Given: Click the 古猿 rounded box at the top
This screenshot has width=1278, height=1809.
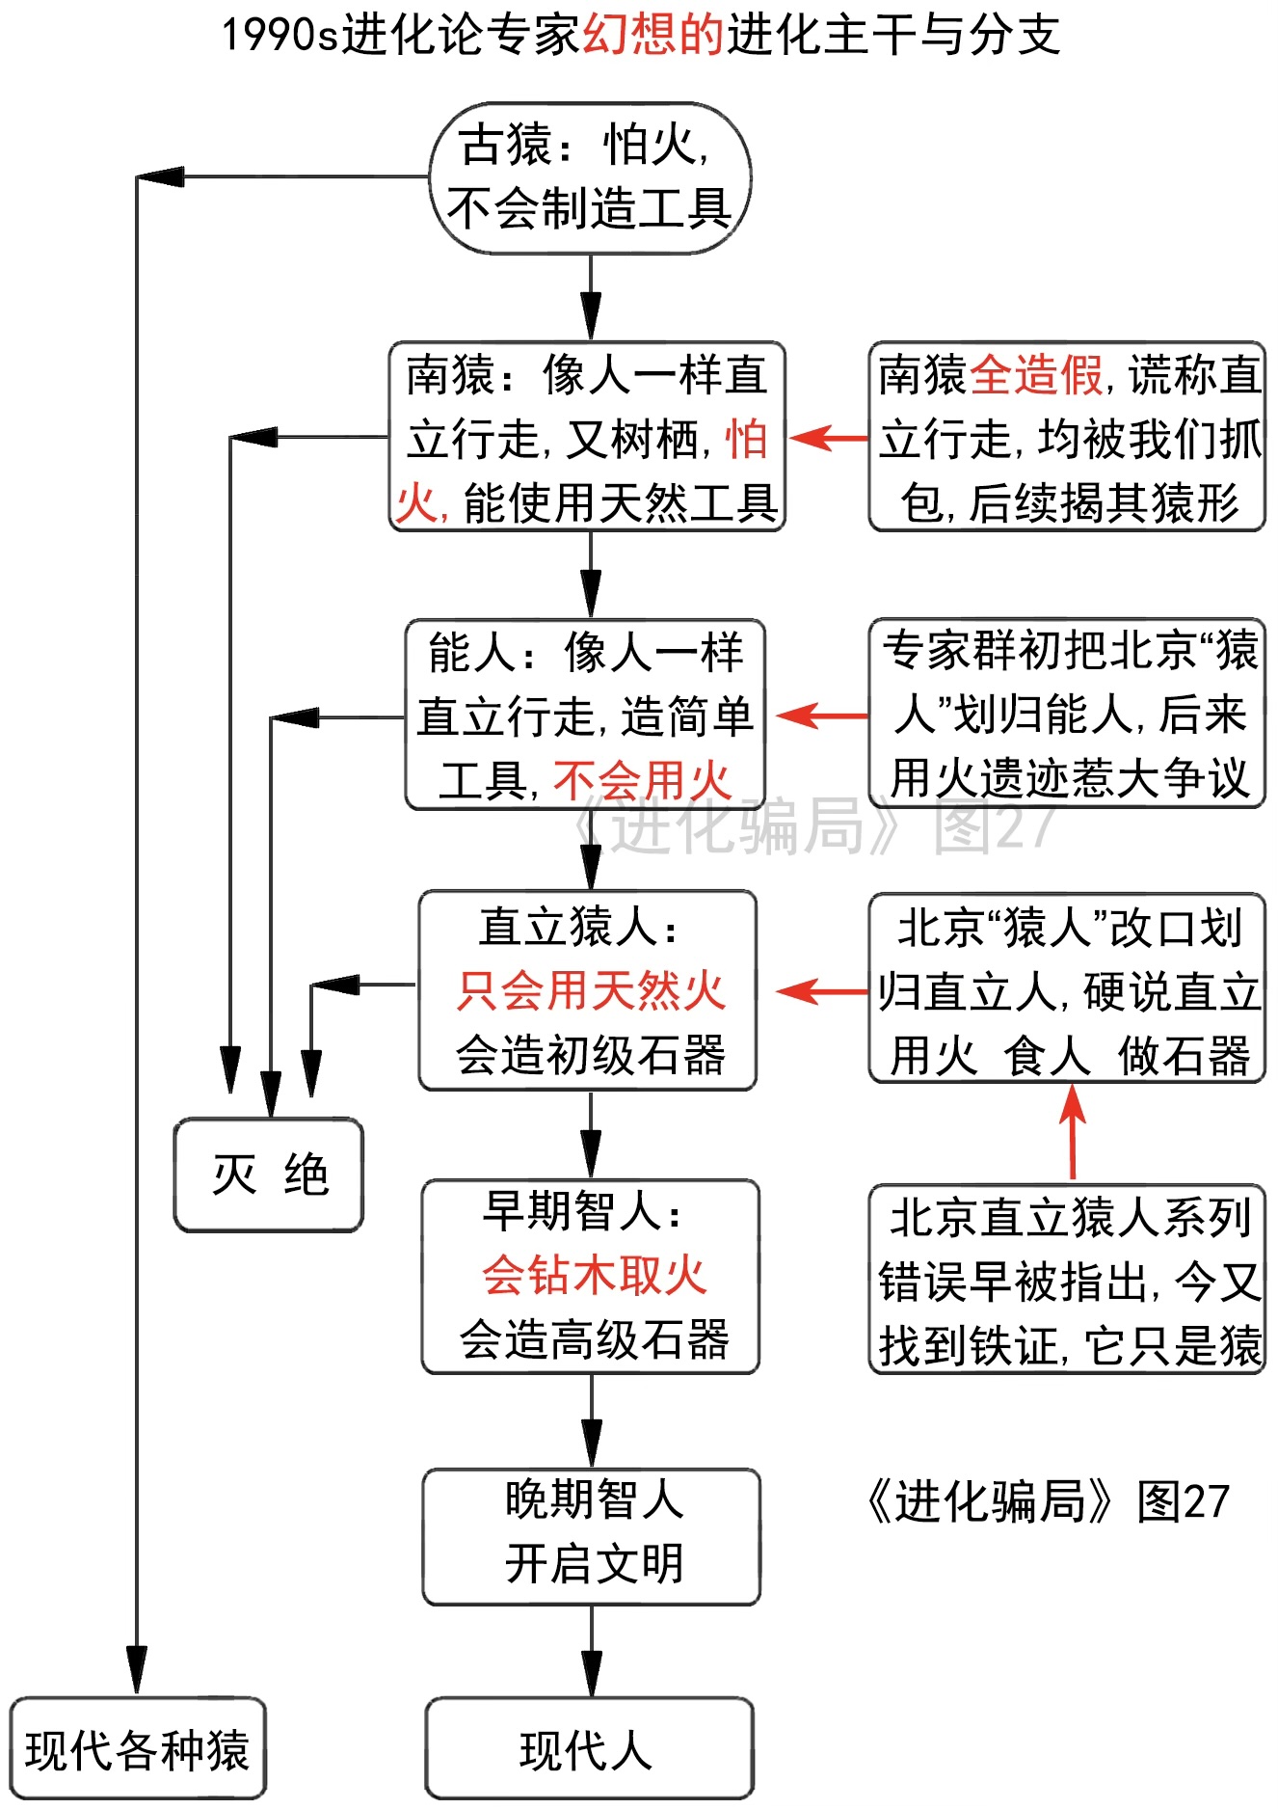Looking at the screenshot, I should point(589,178).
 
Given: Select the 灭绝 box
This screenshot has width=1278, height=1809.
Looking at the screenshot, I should point(269,1174).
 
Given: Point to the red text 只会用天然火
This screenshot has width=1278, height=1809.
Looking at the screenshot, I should point(590,991).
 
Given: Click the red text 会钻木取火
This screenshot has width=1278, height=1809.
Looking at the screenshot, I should point(594,1276).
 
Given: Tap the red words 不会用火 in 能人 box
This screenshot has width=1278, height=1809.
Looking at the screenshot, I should point(643,779).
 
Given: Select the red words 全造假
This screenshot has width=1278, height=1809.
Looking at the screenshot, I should point(1035,374).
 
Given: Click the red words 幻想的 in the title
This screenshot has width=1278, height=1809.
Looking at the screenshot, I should point(653,35).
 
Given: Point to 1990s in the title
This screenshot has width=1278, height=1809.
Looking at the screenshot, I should point(280,35).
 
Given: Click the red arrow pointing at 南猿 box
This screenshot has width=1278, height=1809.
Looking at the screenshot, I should point(828,438).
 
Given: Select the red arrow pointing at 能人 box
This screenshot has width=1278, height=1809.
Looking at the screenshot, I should point(821,715).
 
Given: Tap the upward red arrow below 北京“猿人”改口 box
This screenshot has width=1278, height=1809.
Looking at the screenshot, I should point(1072,1130).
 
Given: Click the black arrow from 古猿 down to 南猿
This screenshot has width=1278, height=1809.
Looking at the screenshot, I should point(590,298).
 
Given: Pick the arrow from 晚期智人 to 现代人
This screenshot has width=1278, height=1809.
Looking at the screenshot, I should point(591,1651).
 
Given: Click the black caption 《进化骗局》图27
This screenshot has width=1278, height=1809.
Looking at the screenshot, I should point(1048,1501).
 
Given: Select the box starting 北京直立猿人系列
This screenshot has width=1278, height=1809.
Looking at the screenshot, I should point(1067,1280).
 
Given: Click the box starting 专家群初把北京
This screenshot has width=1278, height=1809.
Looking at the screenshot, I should point(1067,714).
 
